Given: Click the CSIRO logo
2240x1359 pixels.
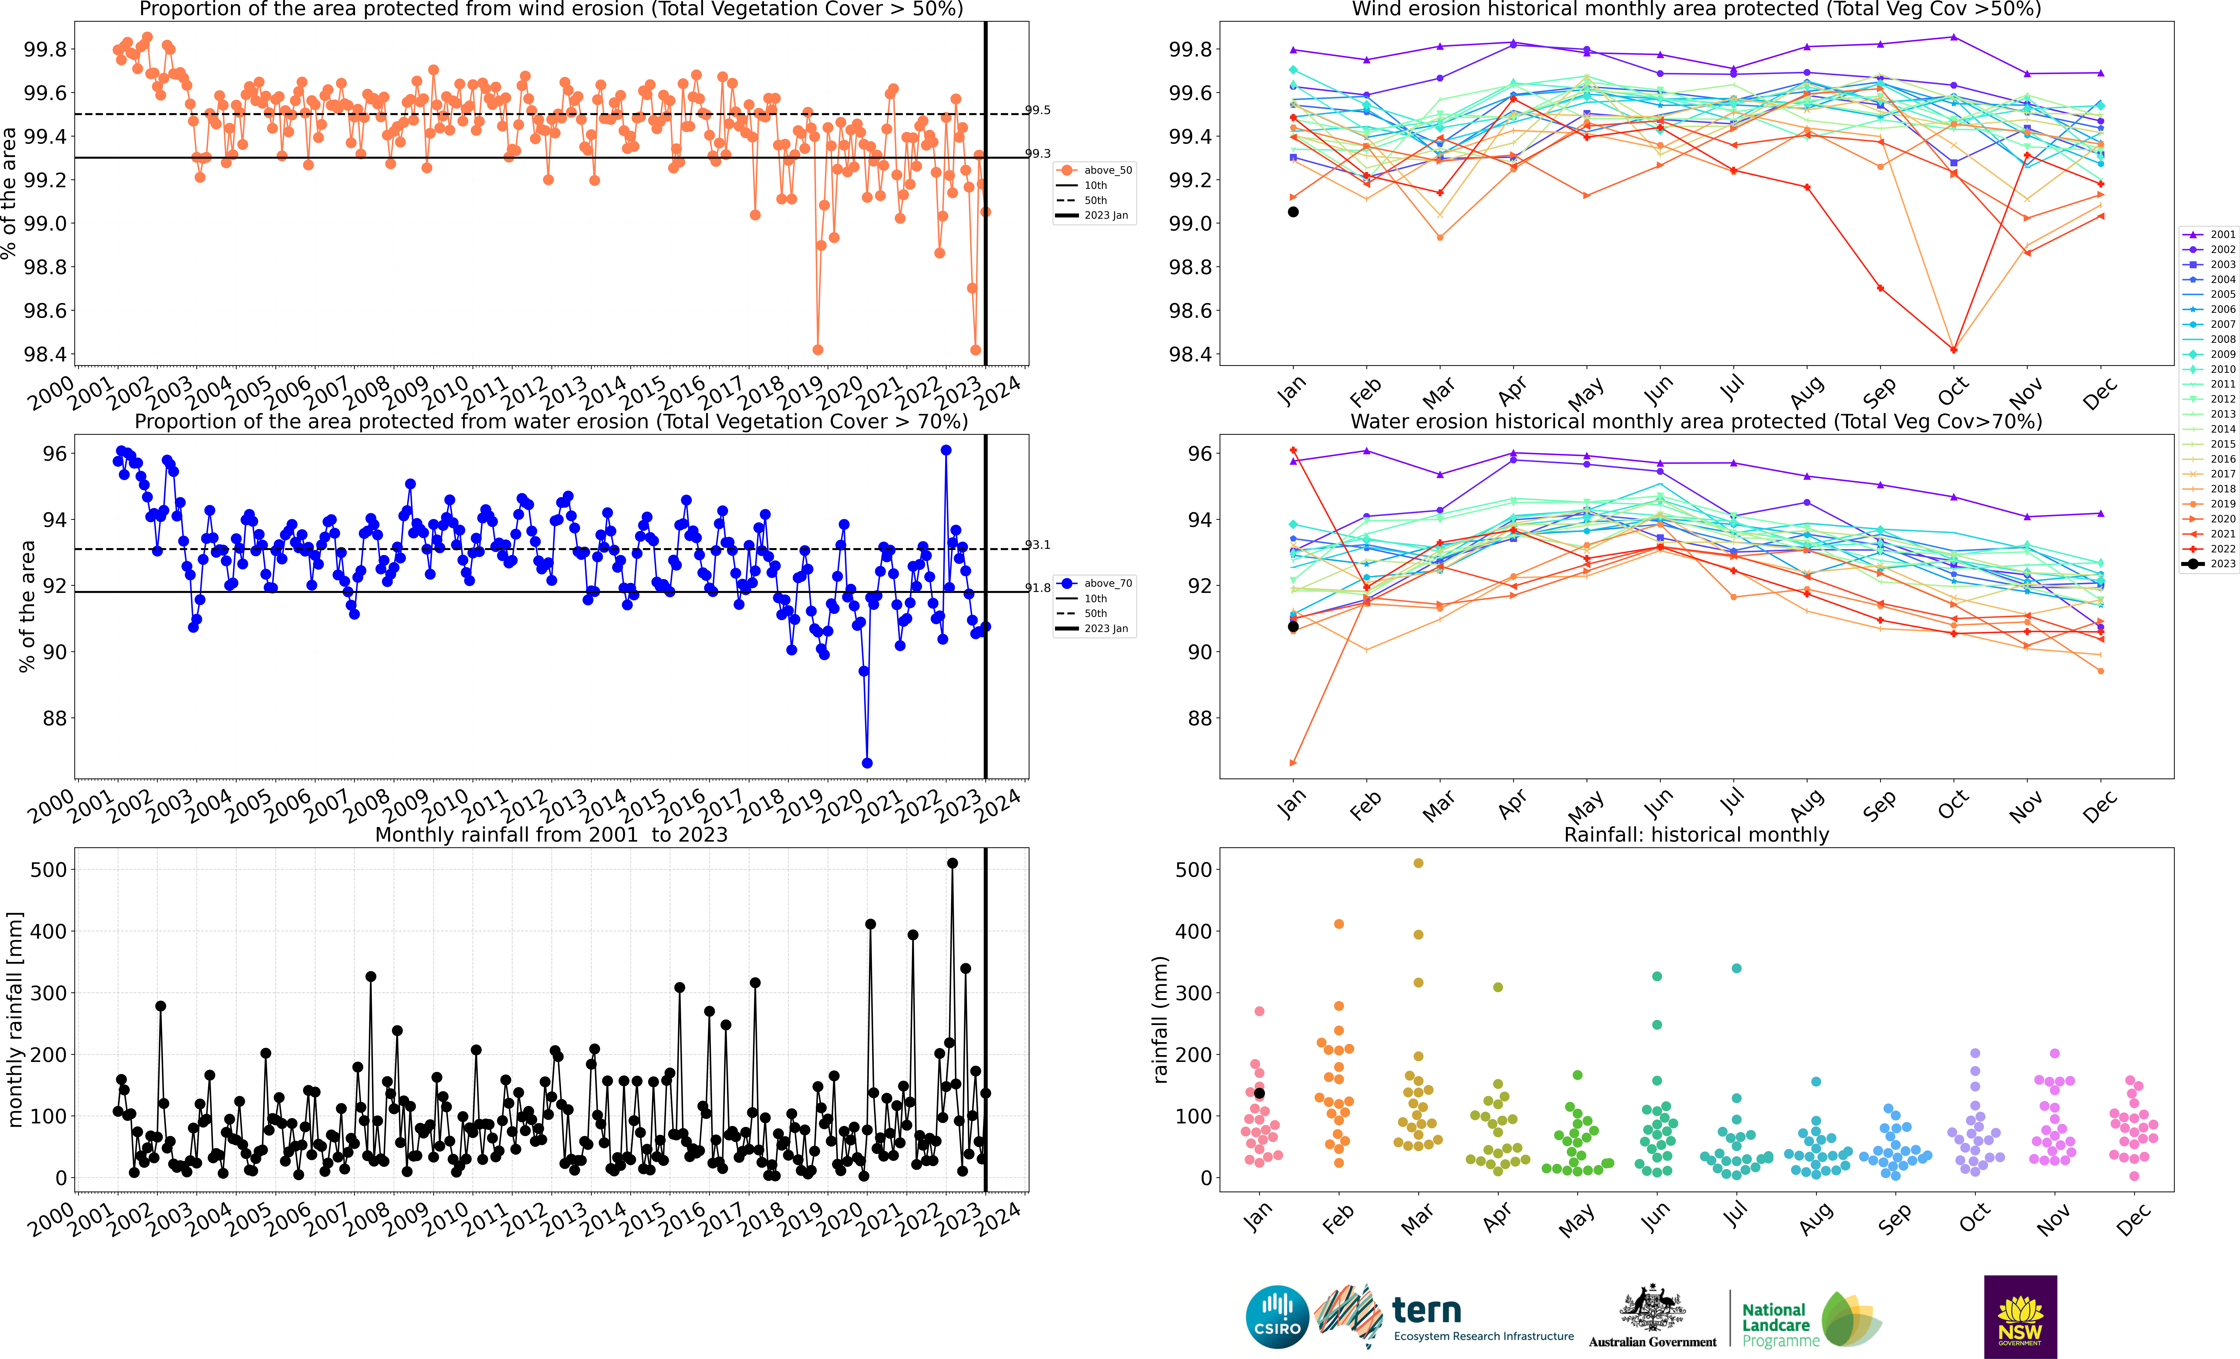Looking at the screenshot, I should pyautogui.click(x=1277, y=1316).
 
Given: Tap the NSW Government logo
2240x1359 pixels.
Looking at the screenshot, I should pyautogui.click(x=2020, y=1316).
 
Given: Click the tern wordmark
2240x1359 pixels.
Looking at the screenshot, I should pyautogui.click(x=1426, y=1311).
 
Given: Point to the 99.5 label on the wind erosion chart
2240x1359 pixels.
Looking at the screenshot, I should pyautogui.click(x=1037, y=110).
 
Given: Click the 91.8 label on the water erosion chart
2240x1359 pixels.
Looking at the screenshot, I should pyautogui.click(x=1037, y=587).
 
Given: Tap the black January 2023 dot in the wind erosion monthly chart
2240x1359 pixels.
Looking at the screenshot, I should pyautogui.click(x=1293, y=212).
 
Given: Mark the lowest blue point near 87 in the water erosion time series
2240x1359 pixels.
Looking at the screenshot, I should pyautogui.click(x=867, y=763).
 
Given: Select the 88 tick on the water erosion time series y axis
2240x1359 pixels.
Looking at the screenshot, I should pyautogui.click(x=55, y=718).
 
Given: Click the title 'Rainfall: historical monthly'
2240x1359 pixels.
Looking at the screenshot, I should pyautogui.click(x=1695, y=834).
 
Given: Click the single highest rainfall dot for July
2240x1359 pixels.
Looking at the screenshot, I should pyautogui.click(x=1736, y=968).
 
